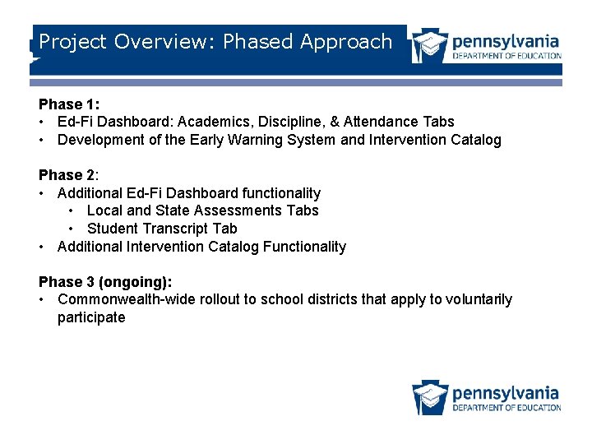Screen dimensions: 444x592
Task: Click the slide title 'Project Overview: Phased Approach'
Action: coord(215,42)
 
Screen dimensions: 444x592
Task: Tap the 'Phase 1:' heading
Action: coord(69,104)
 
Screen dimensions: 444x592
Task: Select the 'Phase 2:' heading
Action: coord(69,175)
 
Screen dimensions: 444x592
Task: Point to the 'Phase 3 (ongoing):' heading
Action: coord(105,282)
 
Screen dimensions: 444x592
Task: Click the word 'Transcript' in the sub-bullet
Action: coord(172,229)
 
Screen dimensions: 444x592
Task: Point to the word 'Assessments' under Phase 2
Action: coord(245,210)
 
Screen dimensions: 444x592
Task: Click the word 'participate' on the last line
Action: coord(91,317)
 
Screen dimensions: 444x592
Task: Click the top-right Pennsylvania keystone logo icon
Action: coord(429,46)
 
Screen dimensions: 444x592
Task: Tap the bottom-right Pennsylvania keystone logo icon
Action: coord(429,397)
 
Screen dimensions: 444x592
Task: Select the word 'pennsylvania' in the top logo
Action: coord(506,40)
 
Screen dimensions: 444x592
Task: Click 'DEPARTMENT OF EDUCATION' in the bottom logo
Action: coord(506,408)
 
